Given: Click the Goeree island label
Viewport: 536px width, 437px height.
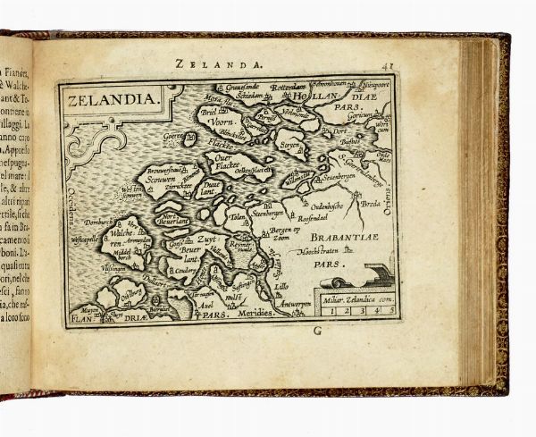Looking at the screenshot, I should [x=172, y=139].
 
